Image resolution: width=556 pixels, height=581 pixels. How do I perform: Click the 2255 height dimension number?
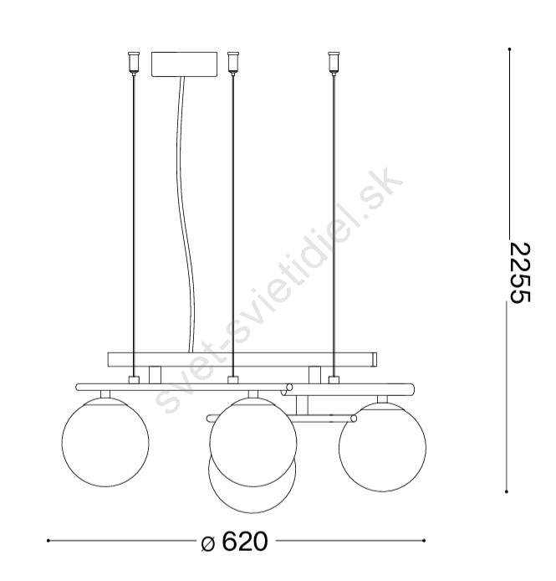(520, 273)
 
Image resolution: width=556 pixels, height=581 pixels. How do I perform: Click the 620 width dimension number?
(245, 542)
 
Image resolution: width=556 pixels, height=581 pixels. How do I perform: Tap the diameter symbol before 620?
(208, 543)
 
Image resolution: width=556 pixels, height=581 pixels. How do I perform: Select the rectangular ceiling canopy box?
(184, 64)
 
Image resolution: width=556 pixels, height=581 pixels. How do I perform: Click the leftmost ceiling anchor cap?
(133, 62)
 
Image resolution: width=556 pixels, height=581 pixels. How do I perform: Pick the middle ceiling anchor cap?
(232, 62)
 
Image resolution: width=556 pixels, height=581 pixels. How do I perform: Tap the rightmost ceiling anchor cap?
(334, 62)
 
